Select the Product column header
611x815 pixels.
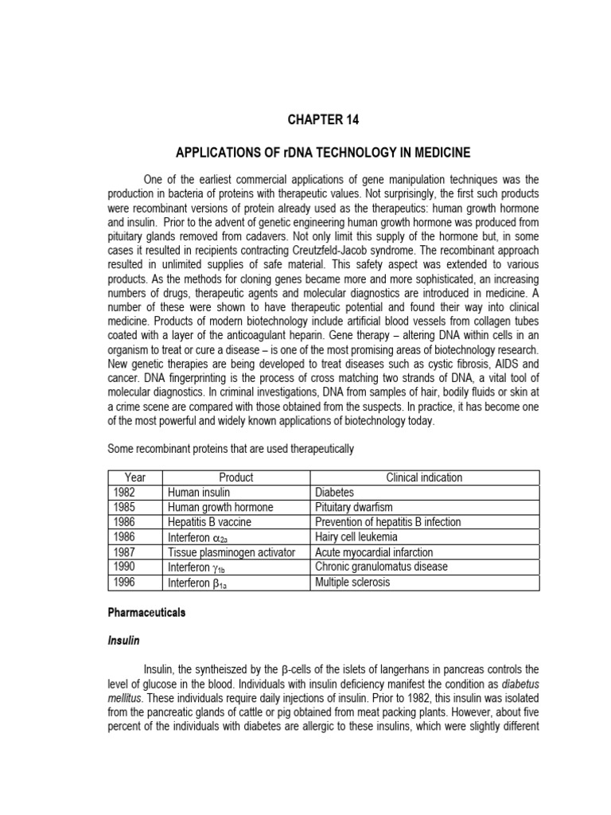coord(235,478)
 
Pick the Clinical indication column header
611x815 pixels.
coord(424,478)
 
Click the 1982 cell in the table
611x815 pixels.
coord(127,493)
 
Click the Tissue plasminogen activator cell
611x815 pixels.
coord(232,552)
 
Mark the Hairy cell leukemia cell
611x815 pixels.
coord(355,537)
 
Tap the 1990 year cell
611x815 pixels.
coord(127,567)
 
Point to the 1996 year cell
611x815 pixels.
coord(127,582)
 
